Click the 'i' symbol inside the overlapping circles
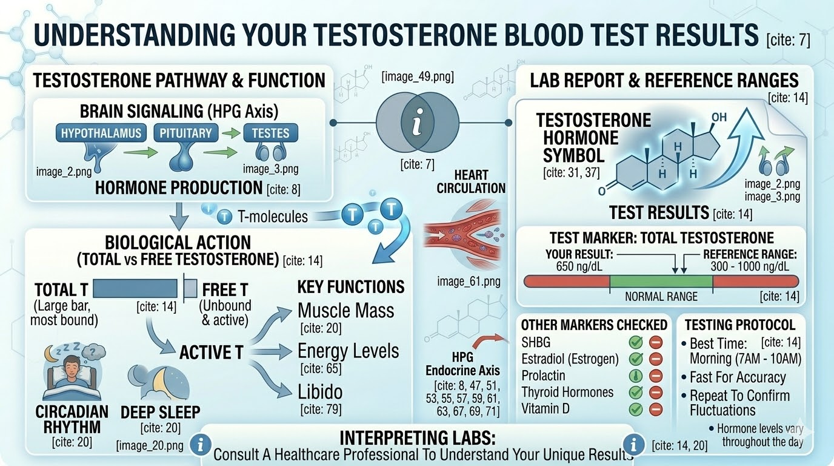[x=415, y=125]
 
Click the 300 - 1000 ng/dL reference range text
[x=750, y=266]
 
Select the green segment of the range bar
[x=661, y=282]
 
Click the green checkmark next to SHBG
[x=636, y=343]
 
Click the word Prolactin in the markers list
[x=543, y=376]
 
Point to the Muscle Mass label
[x=345, y=311]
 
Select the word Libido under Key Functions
[x=320, y=391]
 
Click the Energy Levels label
[x=348, y=351]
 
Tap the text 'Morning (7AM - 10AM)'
[x=746, y=359]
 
